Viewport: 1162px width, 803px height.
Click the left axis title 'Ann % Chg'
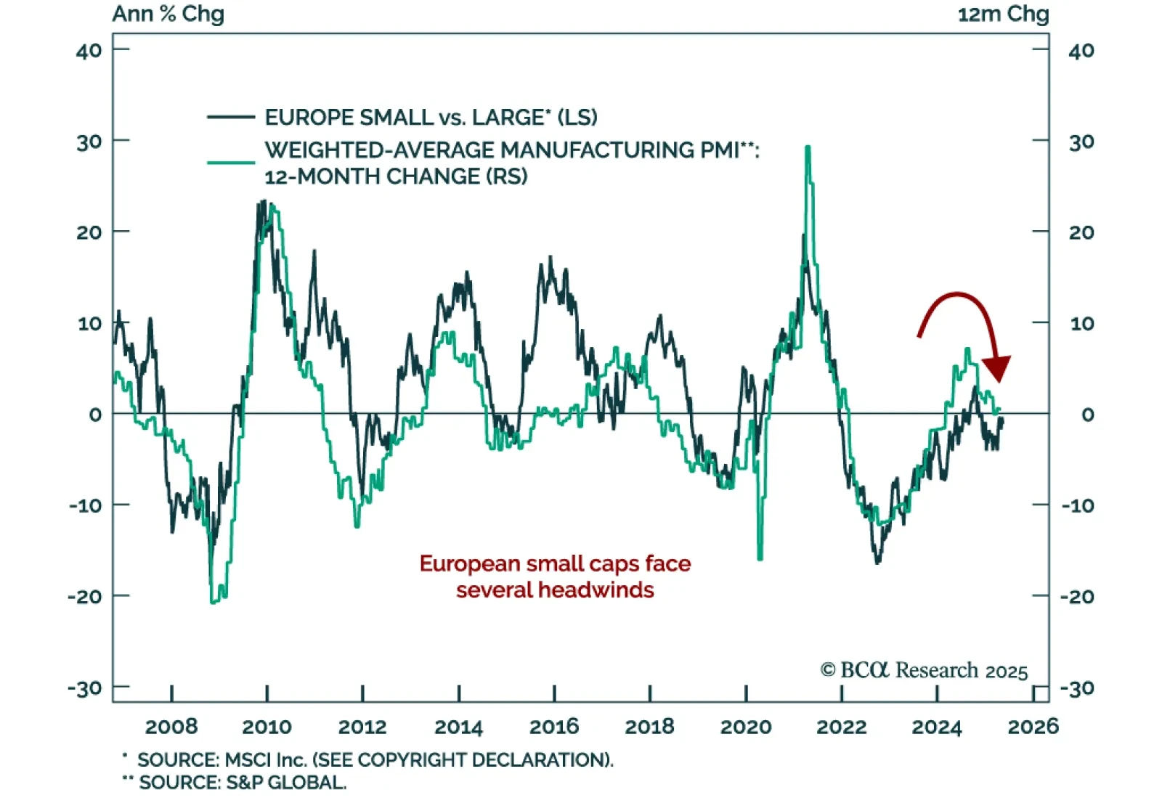(x=168, y=14)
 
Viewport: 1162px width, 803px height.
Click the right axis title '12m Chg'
(x=1003, y=14)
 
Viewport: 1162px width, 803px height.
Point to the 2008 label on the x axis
(x=171, y=726)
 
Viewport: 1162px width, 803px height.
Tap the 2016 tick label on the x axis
(x=554, y=726)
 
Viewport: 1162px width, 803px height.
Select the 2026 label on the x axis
(x=1033, y=726)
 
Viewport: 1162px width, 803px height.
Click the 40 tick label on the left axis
(x=89, y=51)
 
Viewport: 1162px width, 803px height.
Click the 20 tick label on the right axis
(x=1081, y=232)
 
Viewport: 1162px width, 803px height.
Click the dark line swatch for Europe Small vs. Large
(x=231, y=117)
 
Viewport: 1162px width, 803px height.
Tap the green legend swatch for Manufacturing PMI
(x=231, y=162)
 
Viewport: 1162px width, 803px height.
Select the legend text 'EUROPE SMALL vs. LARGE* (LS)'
(x=431, y=117)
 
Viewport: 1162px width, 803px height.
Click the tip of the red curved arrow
(x=999, y=379)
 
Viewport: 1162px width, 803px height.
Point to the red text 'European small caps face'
(x=555, y=563)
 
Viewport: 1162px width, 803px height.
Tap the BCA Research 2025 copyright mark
(x=924, y=669)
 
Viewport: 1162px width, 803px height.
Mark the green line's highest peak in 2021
(x=808, y=147)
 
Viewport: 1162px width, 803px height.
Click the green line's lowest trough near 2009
(x=213, y=602)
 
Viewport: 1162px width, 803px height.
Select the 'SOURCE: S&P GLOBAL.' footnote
(x=243, y=783)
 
